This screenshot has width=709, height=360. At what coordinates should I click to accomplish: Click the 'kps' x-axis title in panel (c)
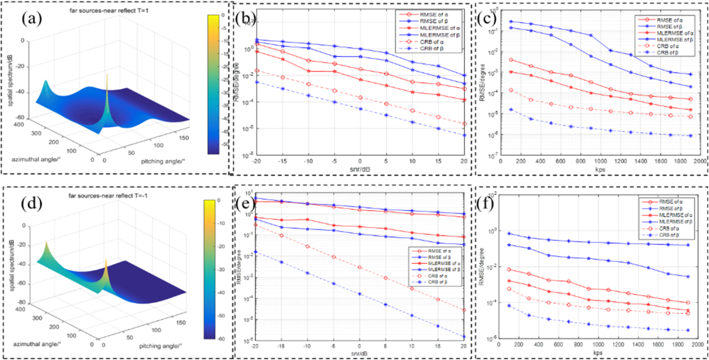pos(599,168)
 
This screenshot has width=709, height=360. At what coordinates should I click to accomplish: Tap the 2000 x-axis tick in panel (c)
pos(698,161)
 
